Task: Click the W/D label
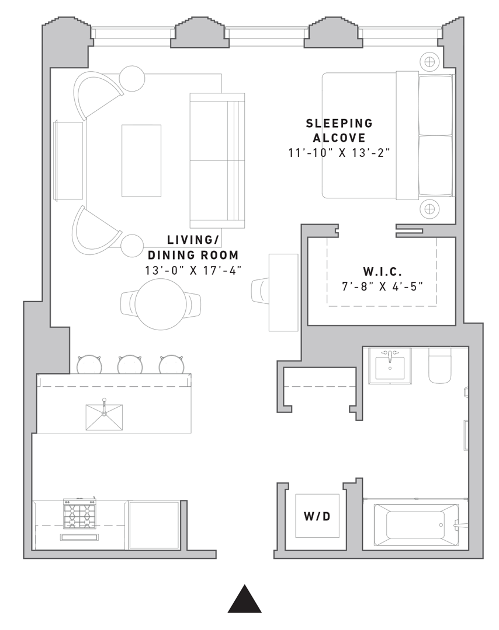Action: point(317,516)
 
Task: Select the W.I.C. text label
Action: point(382,272)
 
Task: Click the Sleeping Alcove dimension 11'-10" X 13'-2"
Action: point(339,153)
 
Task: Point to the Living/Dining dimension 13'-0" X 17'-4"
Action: point(193,271)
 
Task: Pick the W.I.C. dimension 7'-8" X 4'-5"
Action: point(382,287)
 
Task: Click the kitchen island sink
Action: point(104,417)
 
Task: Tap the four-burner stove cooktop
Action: point(79,514)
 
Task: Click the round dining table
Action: point(161,304)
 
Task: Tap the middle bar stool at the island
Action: point(130,365)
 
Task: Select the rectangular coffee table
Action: point(141,161)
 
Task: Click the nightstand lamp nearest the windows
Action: point(429,61)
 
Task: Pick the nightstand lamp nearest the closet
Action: point(429,209)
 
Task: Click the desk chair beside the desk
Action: point(260,290)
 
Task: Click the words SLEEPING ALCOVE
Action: point(339,131)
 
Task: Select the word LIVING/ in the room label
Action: point(193,240)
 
